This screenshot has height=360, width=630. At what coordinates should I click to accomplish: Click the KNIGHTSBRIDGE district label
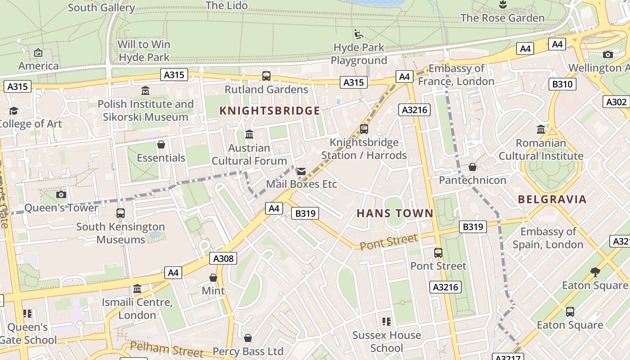270,111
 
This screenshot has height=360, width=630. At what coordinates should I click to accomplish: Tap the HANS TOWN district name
395,213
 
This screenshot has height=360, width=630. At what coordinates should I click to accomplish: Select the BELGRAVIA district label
552,199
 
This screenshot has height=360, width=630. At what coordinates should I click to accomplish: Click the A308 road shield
223,258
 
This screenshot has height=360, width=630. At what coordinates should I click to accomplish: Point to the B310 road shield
562,84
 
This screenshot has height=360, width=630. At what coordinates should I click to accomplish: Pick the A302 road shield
616,102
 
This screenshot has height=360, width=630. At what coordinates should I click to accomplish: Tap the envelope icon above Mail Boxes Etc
301,171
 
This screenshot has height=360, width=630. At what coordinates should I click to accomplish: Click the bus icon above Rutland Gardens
266,76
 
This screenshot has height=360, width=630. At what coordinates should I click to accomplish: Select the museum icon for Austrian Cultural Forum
249,135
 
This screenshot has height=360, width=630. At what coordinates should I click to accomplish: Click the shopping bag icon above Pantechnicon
472,167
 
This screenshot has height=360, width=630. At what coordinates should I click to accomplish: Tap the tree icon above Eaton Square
595,272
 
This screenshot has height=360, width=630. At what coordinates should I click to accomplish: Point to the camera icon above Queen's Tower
61,195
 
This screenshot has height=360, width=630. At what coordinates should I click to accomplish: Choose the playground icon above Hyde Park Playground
359,34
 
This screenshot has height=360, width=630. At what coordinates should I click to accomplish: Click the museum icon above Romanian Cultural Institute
541,130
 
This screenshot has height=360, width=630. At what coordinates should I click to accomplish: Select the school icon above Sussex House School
387,322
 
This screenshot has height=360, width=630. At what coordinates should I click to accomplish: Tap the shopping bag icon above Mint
213,278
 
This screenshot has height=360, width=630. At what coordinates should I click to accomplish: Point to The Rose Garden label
502,18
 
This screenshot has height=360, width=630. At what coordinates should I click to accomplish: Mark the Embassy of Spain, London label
548,238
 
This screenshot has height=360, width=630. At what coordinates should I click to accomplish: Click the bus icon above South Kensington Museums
121,213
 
